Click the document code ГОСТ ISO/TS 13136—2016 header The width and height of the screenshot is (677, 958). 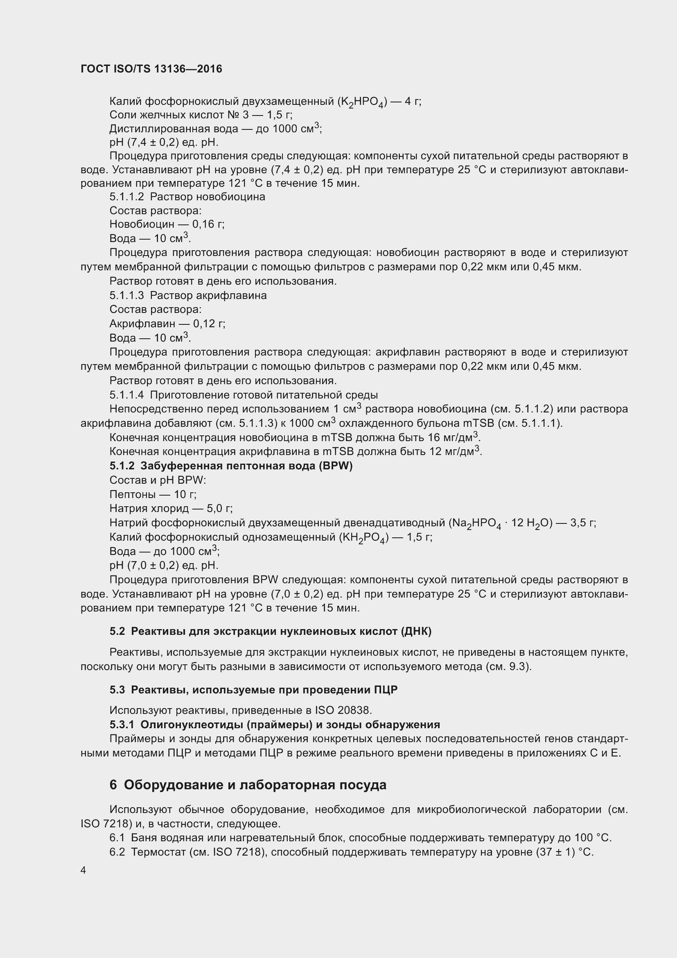151,69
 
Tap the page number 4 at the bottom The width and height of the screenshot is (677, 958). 83,870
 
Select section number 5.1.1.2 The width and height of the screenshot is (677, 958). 127,197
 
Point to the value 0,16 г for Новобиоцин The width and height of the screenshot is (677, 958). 208,224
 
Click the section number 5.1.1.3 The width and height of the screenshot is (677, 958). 127,296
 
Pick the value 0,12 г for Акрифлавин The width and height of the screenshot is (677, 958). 209,324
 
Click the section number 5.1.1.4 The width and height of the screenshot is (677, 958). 127,395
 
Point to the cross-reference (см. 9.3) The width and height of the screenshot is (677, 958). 509,666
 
